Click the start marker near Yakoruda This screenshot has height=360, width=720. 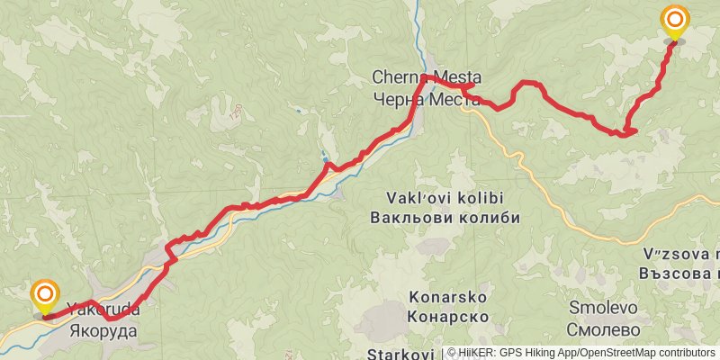click(x=44, y=296)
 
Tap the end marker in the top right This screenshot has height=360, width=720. click(x=675, y=21)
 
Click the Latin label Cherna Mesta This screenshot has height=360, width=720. click(x=427, y=78)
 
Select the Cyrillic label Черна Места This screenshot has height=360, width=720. click(x=427, y=97)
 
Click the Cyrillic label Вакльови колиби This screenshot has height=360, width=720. click(x=445, y=217)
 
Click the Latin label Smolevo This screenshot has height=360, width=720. click(x=604, y=308)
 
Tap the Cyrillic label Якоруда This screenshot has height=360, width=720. click(x=103, y=330)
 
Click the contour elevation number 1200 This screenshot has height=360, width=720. click(x=236, y=114)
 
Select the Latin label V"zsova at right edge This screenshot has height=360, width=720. click(x=681, y=254)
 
